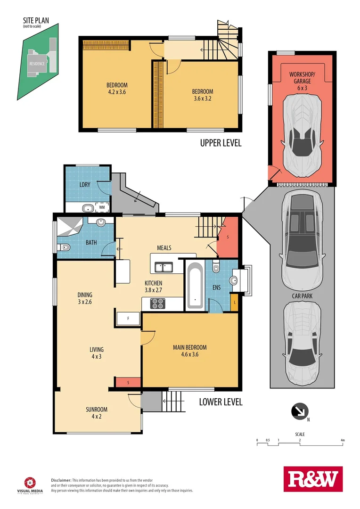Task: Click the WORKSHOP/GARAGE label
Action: click(x=302, y=78)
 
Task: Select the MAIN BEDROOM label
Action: click(x=189, y=351)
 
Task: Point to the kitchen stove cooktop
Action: click(x=158, y=304)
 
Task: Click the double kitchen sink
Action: click(x=164, y=268)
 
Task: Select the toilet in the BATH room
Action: click(x=64, y=247)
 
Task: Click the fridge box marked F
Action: click(x=128, y=319)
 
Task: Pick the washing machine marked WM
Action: click(x=102, y=207)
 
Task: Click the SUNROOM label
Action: click(x=97, y=412)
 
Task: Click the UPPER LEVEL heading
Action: click(x=221, y=143)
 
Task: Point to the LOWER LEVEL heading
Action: click(x=221, y=402)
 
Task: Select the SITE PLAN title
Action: click(x=37, y=21)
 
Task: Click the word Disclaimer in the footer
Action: click(x=61, y=479)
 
